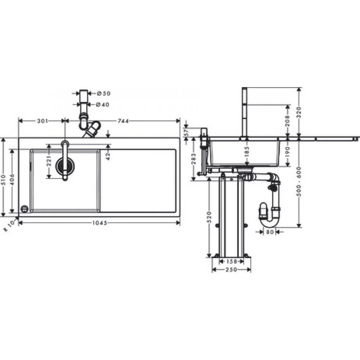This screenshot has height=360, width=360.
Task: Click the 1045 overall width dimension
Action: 100,223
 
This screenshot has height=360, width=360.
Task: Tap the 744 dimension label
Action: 123,121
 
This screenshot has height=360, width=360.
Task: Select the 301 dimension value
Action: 42,121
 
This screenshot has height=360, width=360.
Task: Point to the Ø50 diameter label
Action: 104,94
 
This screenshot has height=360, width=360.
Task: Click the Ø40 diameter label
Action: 103,104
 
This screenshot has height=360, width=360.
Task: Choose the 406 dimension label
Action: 12,180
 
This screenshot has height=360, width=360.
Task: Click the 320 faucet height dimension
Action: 299,112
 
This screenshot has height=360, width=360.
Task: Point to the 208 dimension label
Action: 287,121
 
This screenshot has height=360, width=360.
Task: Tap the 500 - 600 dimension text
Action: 299,181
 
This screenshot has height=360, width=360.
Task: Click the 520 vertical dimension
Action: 209,217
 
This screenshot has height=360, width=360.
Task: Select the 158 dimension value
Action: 231,261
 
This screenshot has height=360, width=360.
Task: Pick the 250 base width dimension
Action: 231,270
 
